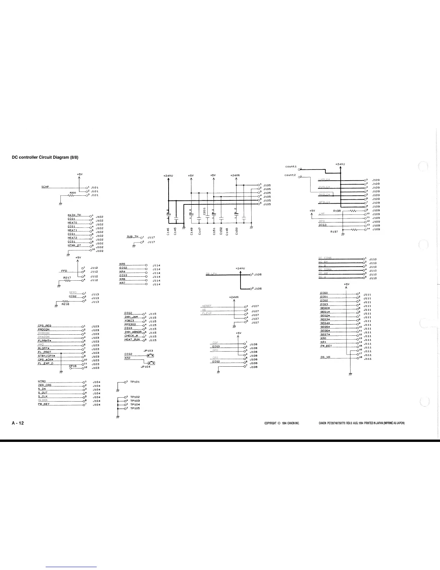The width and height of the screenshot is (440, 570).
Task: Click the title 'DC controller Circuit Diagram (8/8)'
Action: (45, 157)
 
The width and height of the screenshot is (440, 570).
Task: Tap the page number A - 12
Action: (18, 423)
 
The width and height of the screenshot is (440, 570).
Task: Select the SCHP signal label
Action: (45, 187)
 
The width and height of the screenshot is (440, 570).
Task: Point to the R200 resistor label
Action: (73, 193)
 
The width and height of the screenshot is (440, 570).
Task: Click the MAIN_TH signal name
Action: (74, 215)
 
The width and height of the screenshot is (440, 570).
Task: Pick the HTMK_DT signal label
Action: (74, 245)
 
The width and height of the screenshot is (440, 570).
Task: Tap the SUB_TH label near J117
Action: (132, 236)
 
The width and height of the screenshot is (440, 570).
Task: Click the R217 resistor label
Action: (67, 277)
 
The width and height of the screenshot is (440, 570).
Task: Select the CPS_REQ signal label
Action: (44, 326)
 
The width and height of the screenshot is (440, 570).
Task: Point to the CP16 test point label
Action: (73, 366)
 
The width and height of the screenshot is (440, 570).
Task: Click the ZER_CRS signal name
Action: (45, 385)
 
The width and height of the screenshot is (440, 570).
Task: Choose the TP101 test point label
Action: (135, 381)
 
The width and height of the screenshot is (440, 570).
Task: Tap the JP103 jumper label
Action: (148, 350)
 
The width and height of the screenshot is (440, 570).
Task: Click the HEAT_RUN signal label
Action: (132, 340)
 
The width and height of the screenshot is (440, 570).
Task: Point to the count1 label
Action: (290, 167)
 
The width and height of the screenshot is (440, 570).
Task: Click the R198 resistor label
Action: (337, 211)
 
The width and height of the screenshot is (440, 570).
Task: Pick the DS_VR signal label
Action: (325, 357)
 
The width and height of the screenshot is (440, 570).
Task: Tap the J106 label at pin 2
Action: (258, 289)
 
